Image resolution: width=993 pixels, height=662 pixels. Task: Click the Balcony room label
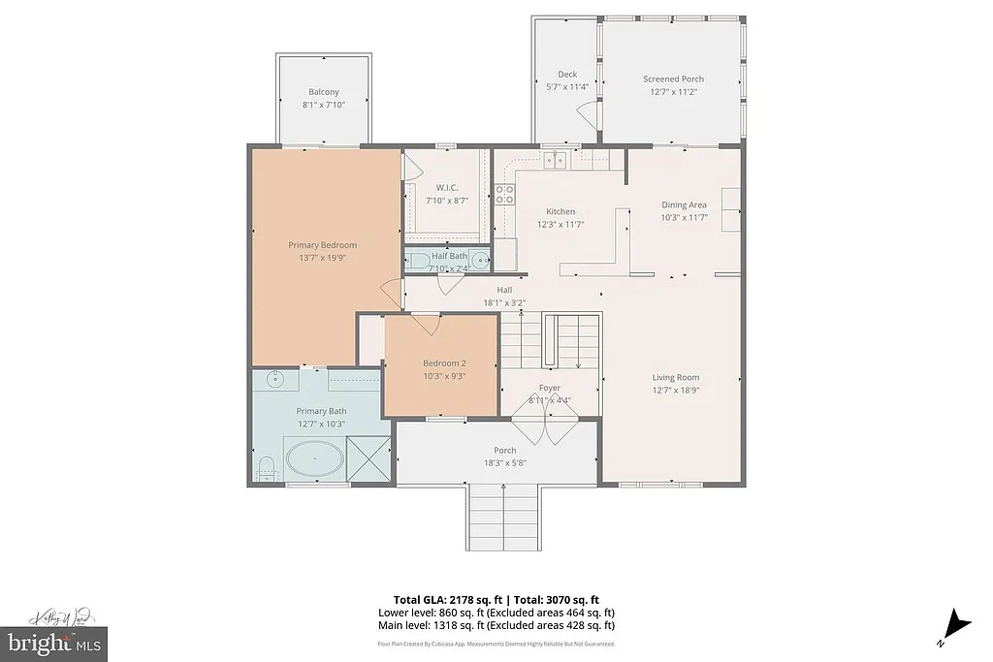tap(323, 92)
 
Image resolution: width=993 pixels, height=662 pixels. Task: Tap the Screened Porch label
tap(673, 79)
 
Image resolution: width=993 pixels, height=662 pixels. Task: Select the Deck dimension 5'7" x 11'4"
tap(566, 86)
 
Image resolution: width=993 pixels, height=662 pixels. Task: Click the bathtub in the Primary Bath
tap(313, 458)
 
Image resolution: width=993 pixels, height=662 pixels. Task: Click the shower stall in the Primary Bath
tap(368, 457)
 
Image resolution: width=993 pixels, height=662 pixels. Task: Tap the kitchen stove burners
tap(504, 194)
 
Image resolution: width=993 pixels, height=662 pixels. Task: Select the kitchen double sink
tap(554, 160)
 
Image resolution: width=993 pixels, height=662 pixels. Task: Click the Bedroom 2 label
tap(444, 363)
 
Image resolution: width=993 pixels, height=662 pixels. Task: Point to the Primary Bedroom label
tap(322, 245)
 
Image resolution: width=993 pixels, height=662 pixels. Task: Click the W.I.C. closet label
tap(446, 188)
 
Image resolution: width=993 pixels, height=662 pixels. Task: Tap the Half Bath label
tap(449, 256)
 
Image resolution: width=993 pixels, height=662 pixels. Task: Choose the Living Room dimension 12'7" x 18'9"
tap(675, 390)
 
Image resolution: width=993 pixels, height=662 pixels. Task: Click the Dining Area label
tap(684, 205)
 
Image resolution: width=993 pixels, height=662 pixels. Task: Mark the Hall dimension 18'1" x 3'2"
tap(504, 302)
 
